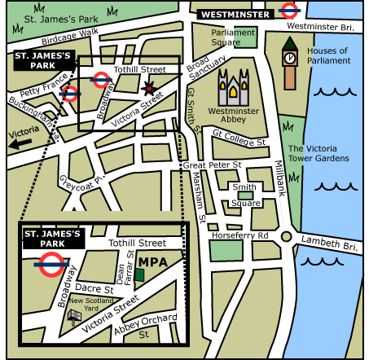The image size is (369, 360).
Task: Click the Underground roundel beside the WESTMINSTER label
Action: point(287,11)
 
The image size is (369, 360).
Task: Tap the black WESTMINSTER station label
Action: point(235,14)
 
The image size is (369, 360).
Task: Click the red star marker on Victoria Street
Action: point(148,87)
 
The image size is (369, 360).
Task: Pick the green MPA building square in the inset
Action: point(139,274)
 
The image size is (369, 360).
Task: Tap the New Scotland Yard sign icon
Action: point(74,314)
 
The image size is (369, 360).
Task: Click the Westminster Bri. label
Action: point(324,27)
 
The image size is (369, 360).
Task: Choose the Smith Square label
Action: point(244,195)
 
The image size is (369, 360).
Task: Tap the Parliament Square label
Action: point(233,37)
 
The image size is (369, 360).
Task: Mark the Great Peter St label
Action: point(212,165)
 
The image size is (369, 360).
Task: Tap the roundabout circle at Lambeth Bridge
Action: point(286,236)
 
